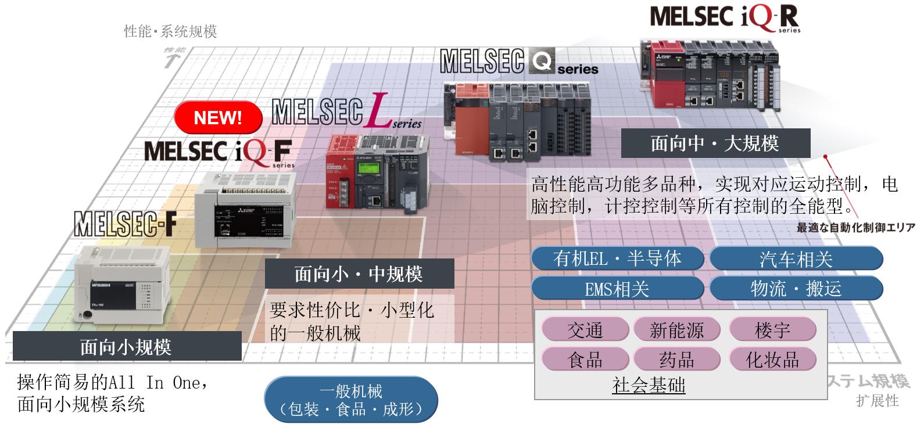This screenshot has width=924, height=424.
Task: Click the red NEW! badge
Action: (218, 118)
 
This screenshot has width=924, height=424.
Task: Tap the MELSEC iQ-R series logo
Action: (725, 17)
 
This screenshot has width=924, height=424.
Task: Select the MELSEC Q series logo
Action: (518, 62)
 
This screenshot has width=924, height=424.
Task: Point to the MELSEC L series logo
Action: (346, 113)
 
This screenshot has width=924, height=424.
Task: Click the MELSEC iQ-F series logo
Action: (218, 152)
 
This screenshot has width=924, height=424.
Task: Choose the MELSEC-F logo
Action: (125, 224)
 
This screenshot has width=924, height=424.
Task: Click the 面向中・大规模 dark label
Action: (715, 143)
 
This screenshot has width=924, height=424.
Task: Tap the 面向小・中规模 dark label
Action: (359, 274)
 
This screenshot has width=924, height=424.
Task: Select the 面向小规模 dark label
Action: (127, 347)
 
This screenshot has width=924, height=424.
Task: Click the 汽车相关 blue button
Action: (796, 259)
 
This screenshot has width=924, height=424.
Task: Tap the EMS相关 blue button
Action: (617, 289)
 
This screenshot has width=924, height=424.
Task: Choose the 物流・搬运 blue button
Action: (796, 289)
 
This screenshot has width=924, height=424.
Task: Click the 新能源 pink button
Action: (676, 330)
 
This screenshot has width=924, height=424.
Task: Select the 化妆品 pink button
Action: (772, 360)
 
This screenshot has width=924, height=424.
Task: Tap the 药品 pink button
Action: (676, 360)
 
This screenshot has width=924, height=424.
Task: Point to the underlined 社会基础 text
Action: (649, 385)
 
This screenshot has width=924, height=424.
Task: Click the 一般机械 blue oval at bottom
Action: (351, 400)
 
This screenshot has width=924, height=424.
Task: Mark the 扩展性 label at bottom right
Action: (878, 401)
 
